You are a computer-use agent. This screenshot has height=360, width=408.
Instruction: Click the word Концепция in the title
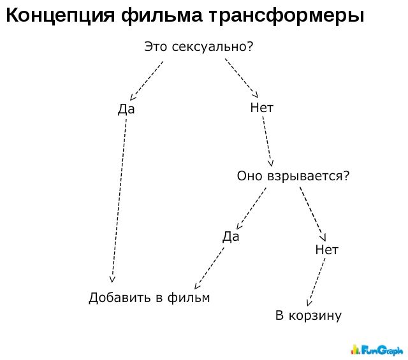click(x=60, y=16)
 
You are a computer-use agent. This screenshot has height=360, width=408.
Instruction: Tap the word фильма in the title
click(x=161, y=16)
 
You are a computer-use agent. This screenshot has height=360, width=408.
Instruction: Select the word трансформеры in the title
click(x=286, y=16)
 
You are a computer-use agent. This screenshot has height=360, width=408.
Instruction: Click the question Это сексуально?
click(x=198, y=47)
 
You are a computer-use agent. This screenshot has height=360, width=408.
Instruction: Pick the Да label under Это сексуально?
click(x=126, y=109)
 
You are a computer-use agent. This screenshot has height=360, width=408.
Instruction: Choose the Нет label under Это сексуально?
click(x=262, y=108)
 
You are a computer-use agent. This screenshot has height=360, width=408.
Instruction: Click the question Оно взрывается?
click(x=293, y=176)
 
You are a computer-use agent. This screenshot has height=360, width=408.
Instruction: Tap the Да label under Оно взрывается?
click(x=231, y=236)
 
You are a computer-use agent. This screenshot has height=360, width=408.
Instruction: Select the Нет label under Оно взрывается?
click(x=327, y=250)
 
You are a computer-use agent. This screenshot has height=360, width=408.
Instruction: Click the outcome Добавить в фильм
click(x=149, y=298)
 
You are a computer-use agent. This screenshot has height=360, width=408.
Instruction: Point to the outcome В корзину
click(x=309, y=315)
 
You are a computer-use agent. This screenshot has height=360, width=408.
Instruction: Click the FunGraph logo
click(x=377, y=350)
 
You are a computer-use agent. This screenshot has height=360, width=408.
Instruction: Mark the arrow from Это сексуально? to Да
click(x=147, y=81)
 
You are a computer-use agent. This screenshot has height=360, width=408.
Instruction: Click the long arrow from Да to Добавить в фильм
click(x=119, y=201)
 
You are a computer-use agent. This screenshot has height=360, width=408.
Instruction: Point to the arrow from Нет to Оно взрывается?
click(x=267, y=141)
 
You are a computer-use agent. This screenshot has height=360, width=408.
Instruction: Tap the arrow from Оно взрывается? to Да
click(x=251, y=208)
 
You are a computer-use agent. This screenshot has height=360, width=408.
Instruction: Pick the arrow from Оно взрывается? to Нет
click(x=312, y=214)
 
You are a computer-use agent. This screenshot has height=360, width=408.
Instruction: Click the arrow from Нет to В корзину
click(x=316, y=282)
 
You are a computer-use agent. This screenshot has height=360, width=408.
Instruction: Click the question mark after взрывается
click(x=346, y=175)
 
